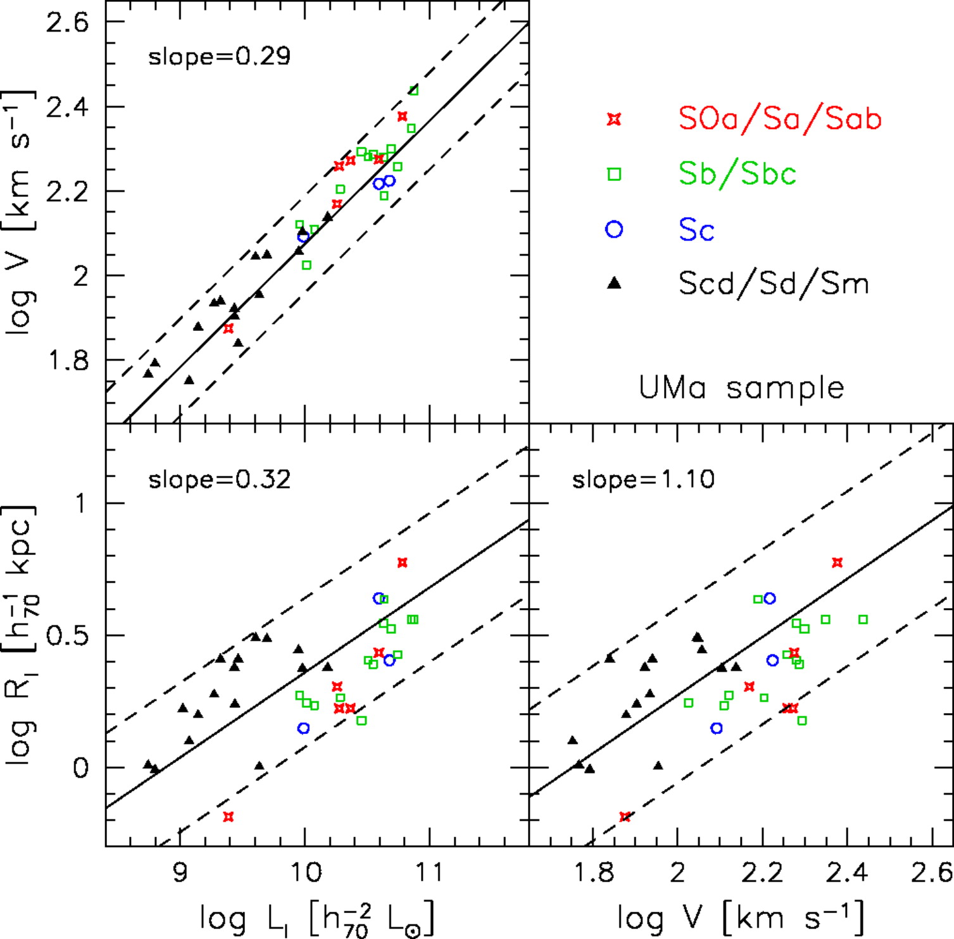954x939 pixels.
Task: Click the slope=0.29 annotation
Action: [219, 57]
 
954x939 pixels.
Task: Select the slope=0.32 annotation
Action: [219, 480]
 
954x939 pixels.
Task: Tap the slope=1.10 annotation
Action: [643, 480]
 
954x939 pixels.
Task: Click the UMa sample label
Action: [741, 387]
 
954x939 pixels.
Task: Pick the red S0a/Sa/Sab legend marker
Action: [614, 119]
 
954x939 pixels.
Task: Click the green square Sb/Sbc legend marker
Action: [614, 174]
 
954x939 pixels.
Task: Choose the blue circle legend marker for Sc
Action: [614, 229]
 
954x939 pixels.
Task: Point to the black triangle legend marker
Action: [614, 283]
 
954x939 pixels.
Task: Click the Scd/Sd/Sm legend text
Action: [774, 283]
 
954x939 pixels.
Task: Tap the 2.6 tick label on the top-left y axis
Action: [68, 23]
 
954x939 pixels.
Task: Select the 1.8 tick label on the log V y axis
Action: [68, 361]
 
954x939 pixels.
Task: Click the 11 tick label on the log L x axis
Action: [430, 872]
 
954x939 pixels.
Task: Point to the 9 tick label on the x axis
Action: [180, 872]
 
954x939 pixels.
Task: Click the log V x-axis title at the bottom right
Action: [741, 917]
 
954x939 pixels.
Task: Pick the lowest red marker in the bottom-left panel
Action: [229, 817]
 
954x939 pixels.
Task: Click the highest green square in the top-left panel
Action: [413, 90]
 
